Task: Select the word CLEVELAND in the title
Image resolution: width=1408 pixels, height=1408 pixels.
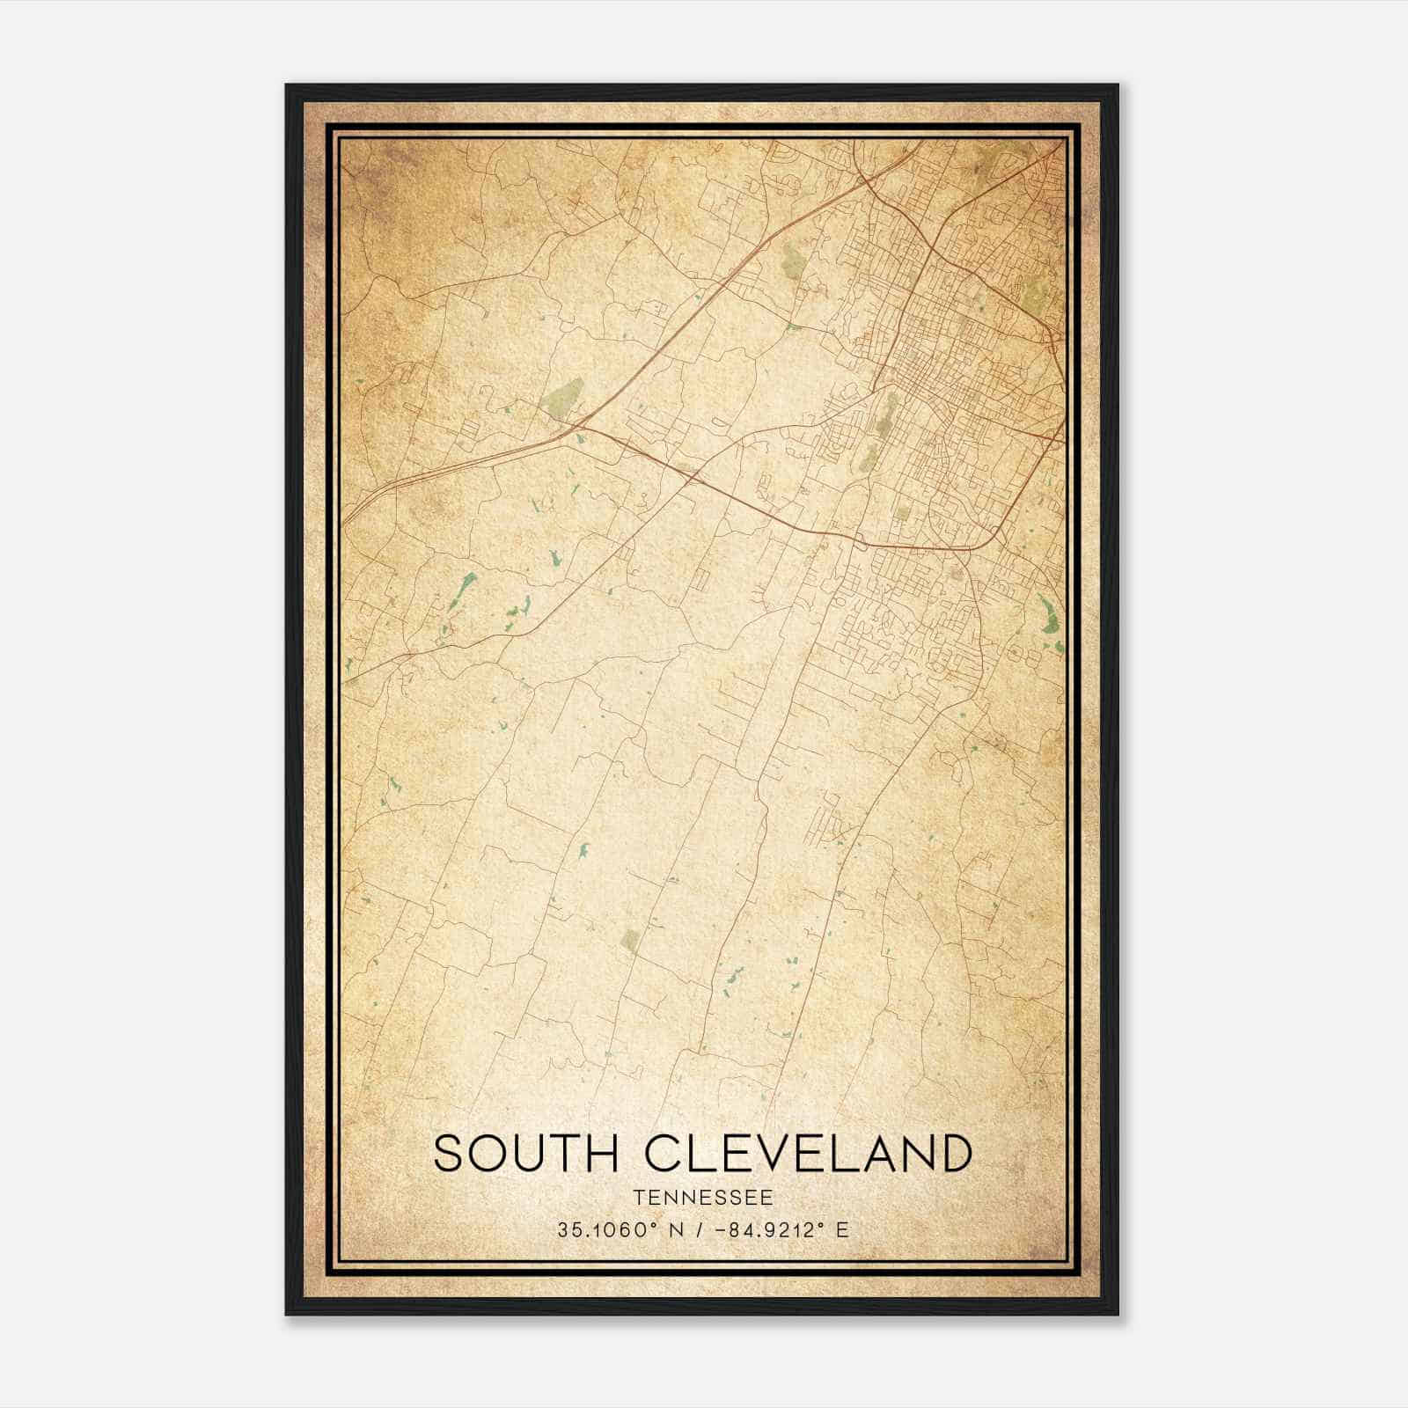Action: tap(809, 1154)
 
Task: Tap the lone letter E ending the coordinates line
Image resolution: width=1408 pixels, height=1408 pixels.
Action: tap(843, 1229)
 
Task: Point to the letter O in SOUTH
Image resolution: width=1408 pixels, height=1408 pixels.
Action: tap(491, 1154)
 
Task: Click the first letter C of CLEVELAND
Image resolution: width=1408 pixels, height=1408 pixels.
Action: tap(664, 1154)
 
